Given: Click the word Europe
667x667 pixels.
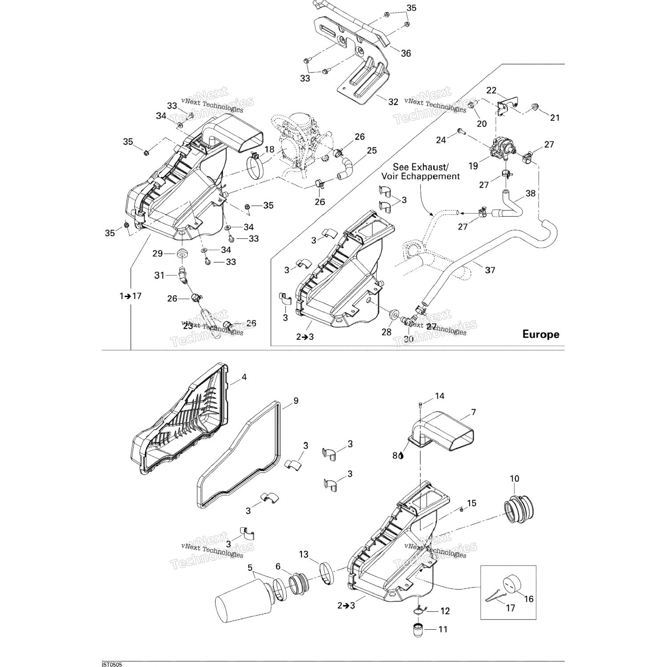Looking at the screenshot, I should point(540,334).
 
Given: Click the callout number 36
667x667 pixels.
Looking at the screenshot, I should point(406,53).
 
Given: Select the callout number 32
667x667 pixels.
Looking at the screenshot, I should point(393,102).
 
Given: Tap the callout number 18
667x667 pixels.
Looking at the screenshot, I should point(269,149).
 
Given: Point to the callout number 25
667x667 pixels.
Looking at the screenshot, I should point(372,151).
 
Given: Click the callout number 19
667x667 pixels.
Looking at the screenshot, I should point(473,166).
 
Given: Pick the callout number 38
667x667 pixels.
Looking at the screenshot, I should point(530,193).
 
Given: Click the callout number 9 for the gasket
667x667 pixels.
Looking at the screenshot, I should point(296,401).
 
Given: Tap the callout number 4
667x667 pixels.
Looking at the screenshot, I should point(244,378).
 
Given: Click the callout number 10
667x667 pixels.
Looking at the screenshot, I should point(514,479).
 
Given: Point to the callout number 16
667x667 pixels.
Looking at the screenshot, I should point(528,599).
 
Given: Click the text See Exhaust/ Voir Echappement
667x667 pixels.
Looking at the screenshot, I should point(420,172).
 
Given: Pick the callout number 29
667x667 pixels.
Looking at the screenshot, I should point(157,254).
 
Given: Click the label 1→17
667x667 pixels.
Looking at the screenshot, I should point(130,296).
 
